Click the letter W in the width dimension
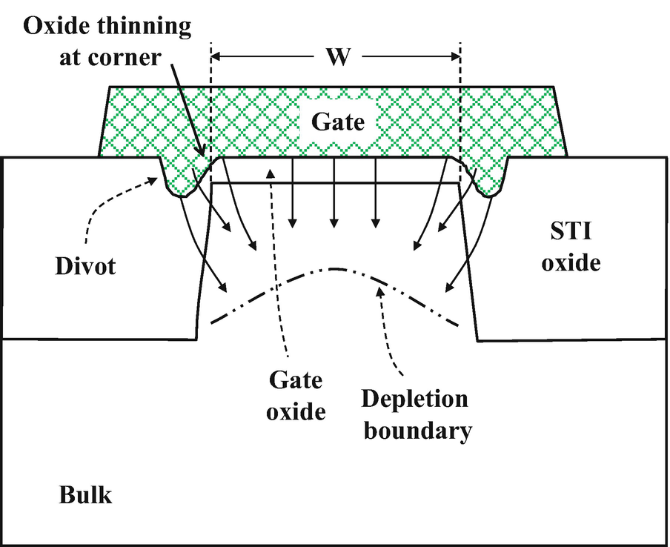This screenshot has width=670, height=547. [x=338, y=58]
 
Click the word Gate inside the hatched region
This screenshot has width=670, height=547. [x=337, y=121]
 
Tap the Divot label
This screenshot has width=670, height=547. [x=86, y=265]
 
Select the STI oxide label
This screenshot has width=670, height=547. [x=570, y=248]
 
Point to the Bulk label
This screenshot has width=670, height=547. [x=85, y=494]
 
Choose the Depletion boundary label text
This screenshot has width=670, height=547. [x=416, y=414]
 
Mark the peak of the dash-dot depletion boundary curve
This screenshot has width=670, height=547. [x=335, y=268]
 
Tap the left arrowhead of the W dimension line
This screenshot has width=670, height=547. [x=217, y=57]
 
